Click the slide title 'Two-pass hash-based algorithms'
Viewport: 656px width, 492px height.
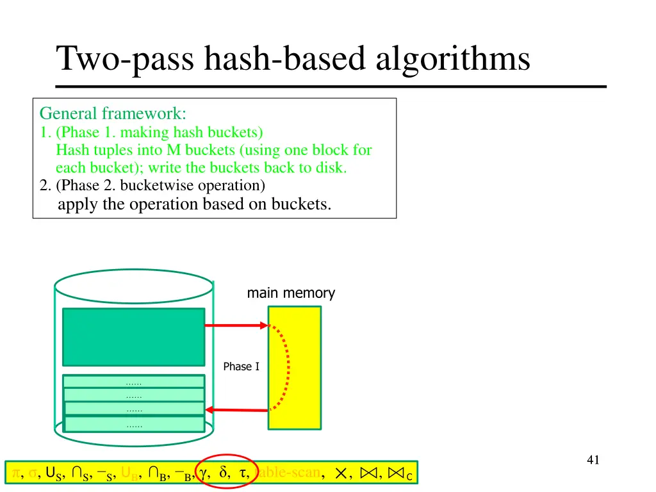pyautogui.click(x=293, y=59)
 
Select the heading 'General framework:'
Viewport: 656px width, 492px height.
pyautogui.click(x=113, y=114)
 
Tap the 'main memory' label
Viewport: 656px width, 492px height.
pyautogui.click(x=291, y=293)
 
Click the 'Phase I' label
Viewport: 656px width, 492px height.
pyautogui.click(x=241, y=366)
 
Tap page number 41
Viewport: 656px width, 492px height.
pyautogui.click(x=593, y=459)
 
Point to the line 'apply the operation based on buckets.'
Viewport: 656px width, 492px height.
pyautogui.click(x=194, y=205)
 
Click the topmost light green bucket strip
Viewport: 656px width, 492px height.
pyautogui.click(x=133, y=382)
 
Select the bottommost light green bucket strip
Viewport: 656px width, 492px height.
pyautogui.click(x=133, y=424)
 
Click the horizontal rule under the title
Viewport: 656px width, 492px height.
pyautogui.click(x=331, y=86)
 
